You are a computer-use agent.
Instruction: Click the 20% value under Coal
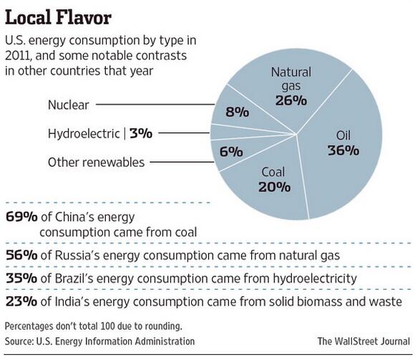(x=274, y=187)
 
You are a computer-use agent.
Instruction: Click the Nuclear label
(x=68, y=105)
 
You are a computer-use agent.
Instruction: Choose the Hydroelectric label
(x=84, y=132)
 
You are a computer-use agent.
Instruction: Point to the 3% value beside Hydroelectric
(x=145, y=132)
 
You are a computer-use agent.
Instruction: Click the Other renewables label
(x=96, y=162)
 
